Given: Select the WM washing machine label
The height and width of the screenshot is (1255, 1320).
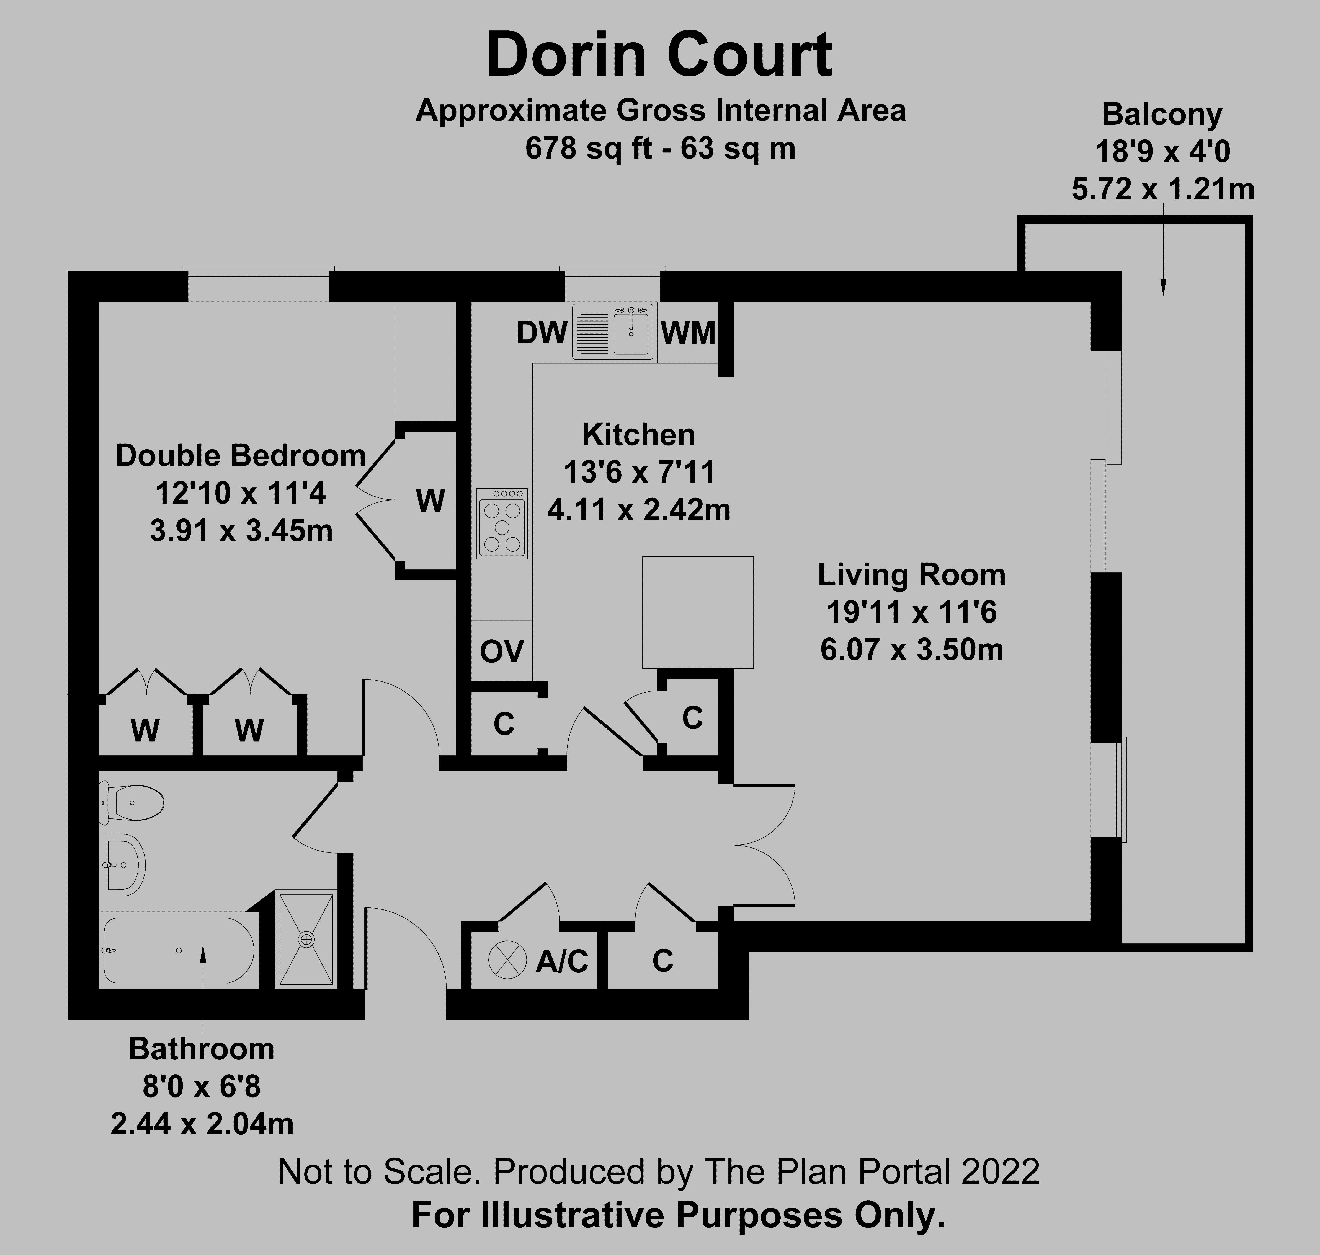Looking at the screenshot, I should pos(687,333).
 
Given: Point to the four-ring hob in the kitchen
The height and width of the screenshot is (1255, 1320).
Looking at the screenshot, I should pos(501,523).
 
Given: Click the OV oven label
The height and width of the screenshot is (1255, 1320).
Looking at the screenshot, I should pos(501,651).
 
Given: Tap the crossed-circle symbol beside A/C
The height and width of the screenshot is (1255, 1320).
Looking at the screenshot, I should pos(503,959).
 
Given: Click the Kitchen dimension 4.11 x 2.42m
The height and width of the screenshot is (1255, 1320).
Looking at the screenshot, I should pos(639,510).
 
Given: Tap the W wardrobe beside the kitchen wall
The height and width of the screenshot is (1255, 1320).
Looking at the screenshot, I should pos(430,501).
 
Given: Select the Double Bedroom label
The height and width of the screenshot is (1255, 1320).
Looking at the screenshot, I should pos(240,456).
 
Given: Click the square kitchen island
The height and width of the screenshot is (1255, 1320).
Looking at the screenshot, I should pos(697,612).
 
